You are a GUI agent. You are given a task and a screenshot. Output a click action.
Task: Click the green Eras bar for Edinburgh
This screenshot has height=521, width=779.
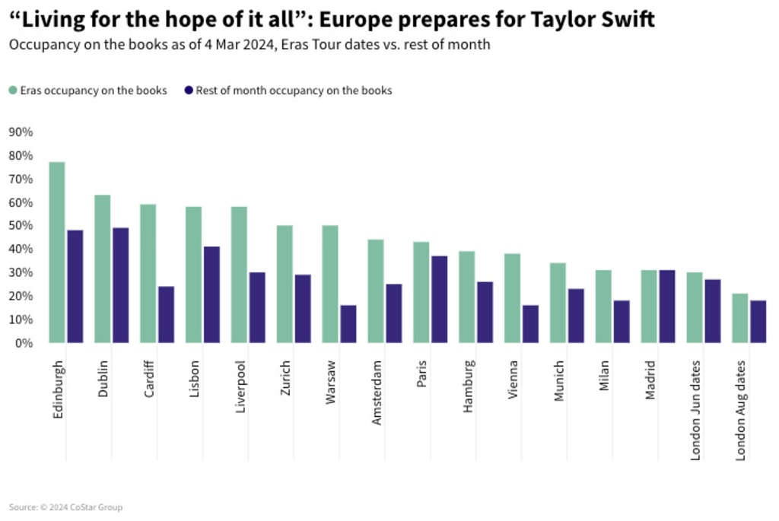pyautogui.click(x=57, y=253)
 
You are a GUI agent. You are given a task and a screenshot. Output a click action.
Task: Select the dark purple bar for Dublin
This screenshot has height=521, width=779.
pyautogui.click(x=121, y=285)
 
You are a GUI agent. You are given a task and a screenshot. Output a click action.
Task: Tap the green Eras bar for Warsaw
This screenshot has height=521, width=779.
pyautogui.click(x=330, y=284)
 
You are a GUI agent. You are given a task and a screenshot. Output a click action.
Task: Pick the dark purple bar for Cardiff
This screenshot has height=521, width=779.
pyautogui.click(x=167, y=315)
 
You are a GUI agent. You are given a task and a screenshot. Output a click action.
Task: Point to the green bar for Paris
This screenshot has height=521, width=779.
pyautogui.click(x=421, y=293)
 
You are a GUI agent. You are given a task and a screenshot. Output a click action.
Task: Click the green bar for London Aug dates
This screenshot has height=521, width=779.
pyautogui.click(x=739, y=318)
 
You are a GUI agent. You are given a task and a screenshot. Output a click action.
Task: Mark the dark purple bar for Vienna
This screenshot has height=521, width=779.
pyautogui.click(x=531, y=324)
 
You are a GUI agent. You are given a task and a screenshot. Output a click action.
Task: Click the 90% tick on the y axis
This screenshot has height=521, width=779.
pyautogui.click(x=21, y=132)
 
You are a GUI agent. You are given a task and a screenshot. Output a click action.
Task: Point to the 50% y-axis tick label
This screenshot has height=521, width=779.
pyautogui.click(x=21, y=226)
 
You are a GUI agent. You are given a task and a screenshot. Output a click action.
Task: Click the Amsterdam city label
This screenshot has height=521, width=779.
pyautogui.click(x=377, y=392)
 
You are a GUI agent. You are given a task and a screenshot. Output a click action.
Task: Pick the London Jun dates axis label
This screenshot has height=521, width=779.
pyautogui.click(x=695, y=409)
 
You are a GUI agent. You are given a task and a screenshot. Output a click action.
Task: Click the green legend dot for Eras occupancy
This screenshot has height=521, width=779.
pyautogui.click(x=13, y=91)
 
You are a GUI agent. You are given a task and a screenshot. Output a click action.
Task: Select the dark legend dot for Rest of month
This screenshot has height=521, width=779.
pyautogui.click(x=189, y=91)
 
